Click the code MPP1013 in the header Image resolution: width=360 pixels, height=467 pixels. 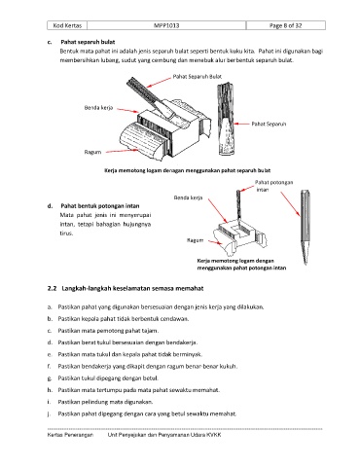[166, 25]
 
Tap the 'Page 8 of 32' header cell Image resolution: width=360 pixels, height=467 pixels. [285, 25]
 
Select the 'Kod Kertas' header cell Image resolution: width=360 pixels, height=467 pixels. [67, 25]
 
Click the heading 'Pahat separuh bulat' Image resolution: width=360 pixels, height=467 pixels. [88, 42]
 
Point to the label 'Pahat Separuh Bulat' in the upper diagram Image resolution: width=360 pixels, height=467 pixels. [198, 77]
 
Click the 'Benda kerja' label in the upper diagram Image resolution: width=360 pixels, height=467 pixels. [98, 108]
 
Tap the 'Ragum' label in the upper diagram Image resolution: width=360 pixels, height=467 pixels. [92, 152]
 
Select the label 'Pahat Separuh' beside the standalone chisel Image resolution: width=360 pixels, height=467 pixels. [269, 124]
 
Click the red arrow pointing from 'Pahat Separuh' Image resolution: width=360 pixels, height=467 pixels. [241, 124]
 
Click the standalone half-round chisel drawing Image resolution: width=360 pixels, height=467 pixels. [226, 119]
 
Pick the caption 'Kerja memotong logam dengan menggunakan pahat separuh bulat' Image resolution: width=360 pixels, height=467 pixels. [187, 170]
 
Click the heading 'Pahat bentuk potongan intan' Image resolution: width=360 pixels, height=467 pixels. [100, 206]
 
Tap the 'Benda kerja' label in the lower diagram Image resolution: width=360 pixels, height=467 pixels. [188, 198]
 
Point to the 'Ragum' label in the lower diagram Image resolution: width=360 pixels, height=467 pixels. [195, 240]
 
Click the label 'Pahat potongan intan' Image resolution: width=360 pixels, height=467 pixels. [273, 186]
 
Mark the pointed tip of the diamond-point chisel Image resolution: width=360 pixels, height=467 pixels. [306, 264]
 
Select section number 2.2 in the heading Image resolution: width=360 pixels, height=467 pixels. [52, 288]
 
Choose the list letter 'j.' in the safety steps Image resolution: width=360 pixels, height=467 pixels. [50, 413]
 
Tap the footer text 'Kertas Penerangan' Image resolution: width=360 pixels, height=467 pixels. [70, 435]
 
